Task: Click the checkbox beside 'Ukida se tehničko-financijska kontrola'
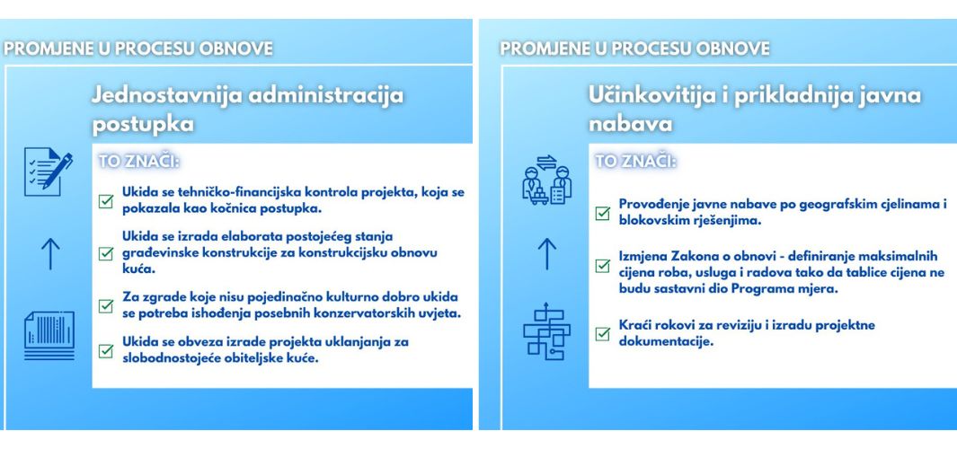(106, 201)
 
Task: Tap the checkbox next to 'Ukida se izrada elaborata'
(106, 252)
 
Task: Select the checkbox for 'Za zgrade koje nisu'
(106, 305)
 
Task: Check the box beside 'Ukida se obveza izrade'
(106, 351)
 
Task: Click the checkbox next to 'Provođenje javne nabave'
(603, 213)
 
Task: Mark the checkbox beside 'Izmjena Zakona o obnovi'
(603, 266)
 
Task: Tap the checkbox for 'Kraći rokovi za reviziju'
(603, 334)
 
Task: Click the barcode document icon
(49, 335)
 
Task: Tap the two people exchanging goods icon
(547, 180)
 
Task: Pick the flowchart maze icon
(547, 331)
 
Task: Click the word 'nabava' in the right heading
(631, 125)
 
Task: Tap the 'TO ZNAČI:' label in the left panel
(139, 163)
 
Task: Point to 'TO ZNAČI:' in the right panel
(636, 163)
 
